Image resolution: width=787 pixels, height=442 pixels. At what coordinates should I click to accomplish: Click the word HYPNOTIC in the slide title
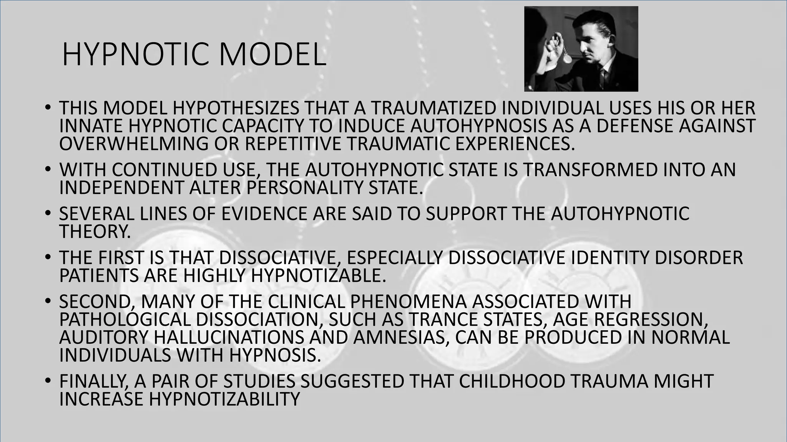[x=137, y=55]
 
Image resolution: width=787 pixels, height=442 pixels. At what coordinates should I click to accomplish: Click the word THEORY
[x=95, y=231]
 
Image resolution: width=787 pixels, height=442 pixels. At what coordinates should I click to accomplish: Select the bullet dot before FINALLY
[x=47, y=381]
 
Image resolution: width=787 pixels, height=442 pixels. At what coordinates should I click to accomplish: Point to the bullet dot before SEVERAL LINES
[x=47, y=214]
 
